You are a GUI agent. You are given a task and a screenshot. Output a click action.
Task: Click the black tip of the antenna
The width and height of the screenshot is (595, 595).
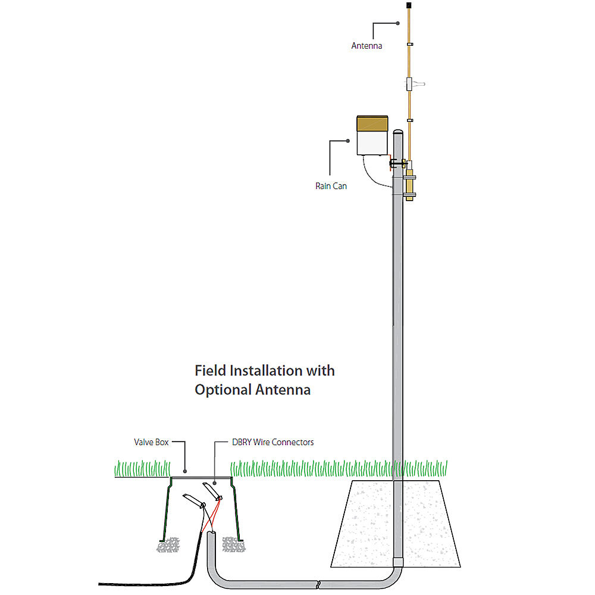[409, 5]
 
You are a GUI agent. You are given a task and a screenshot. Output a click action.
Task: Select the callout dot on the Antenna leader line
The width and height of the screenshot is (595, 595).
[397, 23]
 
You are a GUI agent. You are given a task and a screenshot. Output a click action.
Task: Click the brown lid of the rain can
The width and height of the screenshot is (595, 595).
[372, 123]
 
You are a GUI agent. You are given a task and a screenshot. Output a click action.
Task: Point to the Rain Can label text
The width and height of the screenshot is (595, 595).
[331, 186]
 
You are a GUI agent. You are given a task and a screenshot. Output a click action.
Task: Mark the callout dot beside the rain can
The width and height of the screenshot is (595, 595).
[348, 141]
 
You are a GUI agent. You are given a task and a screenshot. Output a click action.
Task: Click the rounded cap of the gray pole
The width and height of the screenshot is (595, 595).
[399, 134]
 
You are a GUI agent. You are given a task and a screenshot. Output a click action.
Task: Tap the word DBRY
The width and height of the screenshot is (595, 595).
[242, 442]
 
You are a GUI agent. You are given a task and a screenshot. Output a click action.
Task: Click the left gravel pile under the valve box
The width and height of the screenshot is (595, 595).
[168, 544]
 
